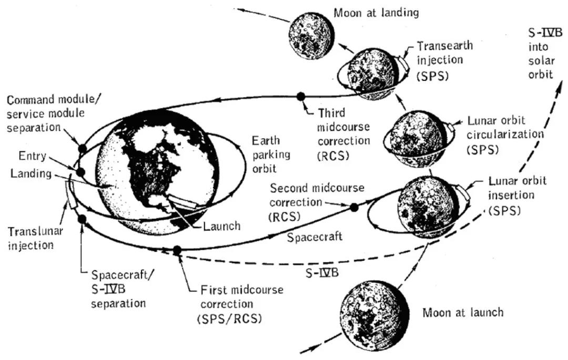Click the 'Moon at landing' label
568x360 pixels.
[376, 13]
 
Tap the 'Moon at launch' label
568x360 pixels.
[463, 312]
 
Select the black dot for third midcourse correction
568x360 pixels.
[301, 97]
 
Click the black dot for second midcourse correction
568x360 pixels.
[354, 207]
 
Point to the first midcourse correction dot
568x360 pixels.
[177, 250]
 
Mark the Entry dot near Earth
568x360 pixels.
[80, 172]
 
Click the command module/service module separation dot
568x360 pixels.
[82, 148]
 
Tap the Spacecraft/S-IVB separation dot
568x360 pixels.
[82, 219]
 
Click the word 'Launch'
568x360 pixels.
[222, 226]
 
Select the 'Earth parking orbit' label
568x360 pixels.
[271, 155]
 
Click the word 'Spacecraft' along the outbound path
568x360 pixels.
[315, 237]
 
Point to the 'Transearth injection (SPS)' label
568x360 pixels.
[444, 61]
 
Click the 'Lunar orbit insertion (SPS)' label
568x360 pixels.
[517, 196]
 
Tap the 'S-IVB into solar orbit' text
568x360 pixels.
[544, 54]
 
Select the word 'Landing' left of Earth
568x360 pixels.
[31, 173]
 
